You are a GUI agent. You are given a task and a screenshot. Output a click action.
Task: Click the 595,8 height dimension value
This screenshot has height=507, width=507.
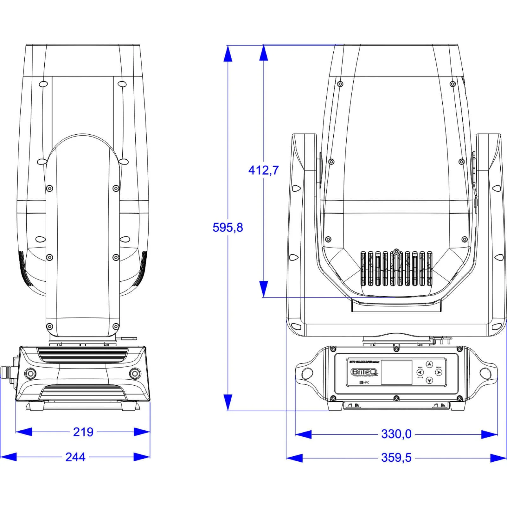click(x=228, y=228)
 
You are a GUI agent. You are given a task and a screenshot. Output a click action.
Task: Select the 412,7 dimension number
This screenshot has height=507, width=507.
click(x=263, y=170)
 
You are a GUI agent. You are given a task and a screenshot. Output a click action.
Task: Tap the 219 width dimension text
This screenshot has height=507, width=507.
click(x=83, y=432)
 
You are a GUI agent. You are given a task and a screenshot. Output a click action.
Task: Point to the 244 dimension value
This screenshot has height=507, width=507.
click(x=75, y=457)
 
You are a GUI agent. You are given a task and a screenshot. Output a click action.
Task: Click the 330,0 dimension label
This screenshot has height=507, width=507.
click(x=396, y=434)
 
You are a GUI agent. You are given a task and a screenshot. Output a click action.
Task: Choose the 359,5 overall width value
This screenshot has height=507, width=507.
click(x=396, y=458)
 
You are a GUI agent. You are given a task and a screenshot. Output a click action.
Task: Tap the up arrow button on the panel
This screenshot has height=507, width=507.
click(x=429, y=364)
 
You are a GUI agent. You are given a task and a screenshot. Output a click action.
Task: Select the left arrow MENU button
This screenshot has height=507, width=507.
click(x=420, y=372)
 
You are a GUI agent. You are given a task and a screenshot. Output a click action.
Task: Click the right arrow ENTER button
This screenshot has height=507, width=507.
click(x=439, y=372)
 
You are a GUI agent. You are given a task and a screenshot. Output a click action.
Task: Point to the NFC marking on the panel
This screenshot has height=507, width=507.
click(x=364, y=383)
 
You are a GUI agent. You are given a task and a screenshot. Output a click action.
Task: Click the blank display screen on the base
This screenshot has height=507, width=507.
click(x=396, y=372)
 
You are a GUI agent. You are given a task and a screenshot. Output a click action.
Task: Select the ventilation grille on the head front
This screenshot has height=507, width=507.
click(x=396, y=269)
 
